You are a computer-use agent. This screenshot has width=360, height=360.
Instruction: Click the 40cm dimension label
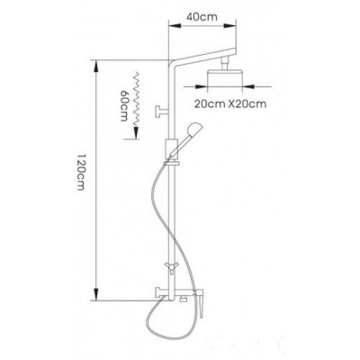click(202, 17)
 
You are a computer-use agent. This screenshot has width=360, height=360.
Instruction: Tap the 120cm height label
click(81, 172)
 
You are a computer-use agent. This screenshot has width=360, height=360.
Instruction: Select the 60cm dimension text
click(123, 105)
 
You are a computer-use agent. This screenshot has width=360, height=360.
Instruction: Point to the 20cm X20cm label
click(230, 103)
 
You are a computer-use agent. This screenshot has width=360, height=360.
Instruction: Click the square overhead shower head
click(225, 76)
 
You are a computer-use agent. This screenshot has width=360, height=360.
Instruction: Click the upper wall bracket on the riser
click(162, 111)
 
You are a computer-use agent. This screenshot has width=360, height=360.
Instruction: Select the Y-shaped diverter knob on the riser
click(171, 266)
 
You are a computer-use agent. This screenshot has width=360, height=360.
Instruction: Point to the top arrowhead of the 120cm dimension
click(96, 66)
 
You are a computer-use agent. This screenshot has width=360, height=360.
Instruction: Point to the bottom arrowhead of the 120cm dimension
click(96, 294)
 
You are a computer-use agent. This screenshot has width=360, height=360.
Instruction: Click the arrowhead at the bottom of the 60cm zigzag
click(137, 132)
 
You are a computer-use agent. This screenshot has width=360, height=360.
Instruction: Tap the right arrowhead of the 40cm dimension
click(230, 26)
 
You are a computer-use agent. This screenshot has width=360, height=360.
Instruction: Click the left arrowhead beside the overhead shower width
click(202, 86)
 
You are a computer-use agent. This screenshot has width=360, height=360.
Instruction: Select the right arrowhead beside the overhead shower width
click(248, 86)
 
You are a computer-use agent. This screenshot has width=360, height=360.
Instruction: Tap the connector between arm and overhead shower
click(225, 64)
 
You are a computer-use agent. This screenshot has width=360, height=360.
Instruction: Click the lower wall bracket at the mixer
click(162, 292)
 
